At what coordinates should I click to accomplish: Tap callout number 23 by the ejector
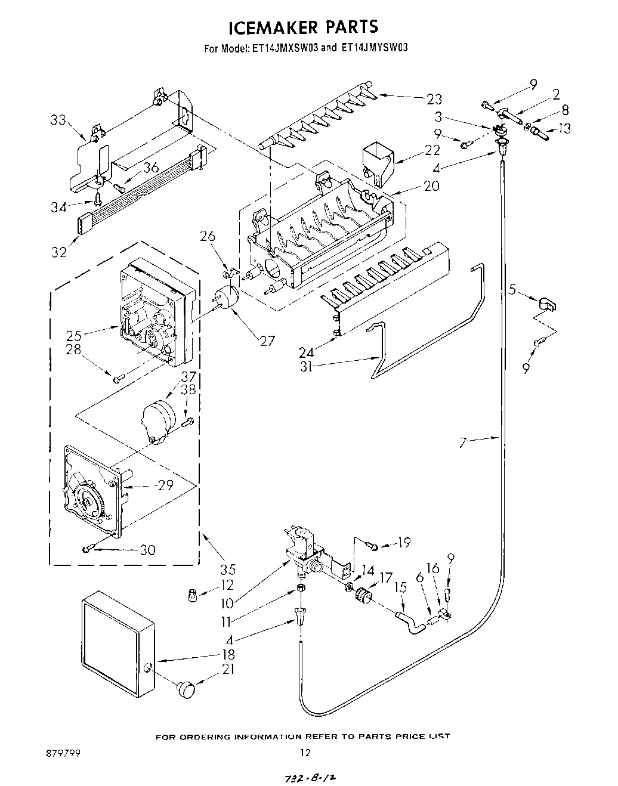434,99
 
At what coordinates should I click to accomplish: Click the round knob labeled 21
186,688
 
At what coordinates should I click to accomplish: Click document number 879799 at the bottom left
66,753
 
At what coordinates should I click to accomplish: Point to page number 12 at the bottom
305,753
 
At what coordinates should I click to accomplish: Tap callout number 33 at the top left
58,120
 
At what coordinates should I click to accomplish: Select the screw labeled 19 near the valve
372,544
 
